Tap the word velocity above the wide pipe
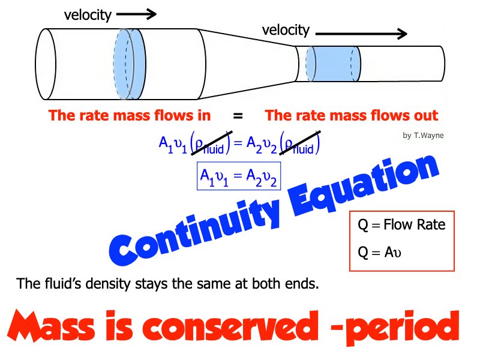pos(88,15)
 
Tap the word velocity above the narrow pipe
pos(286,30)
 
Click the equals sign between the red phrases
pos(238,115)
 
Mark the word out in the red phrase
pos(425,115)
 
